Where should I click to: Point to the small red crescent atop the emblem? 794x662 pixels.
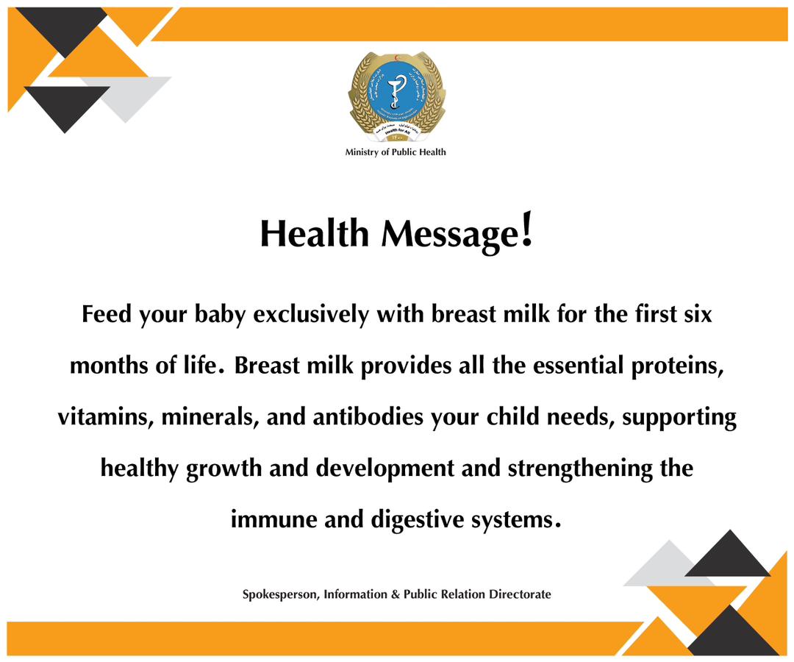(396, 57)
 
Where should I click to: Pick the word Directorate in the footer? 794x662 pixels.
(520, 594)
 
